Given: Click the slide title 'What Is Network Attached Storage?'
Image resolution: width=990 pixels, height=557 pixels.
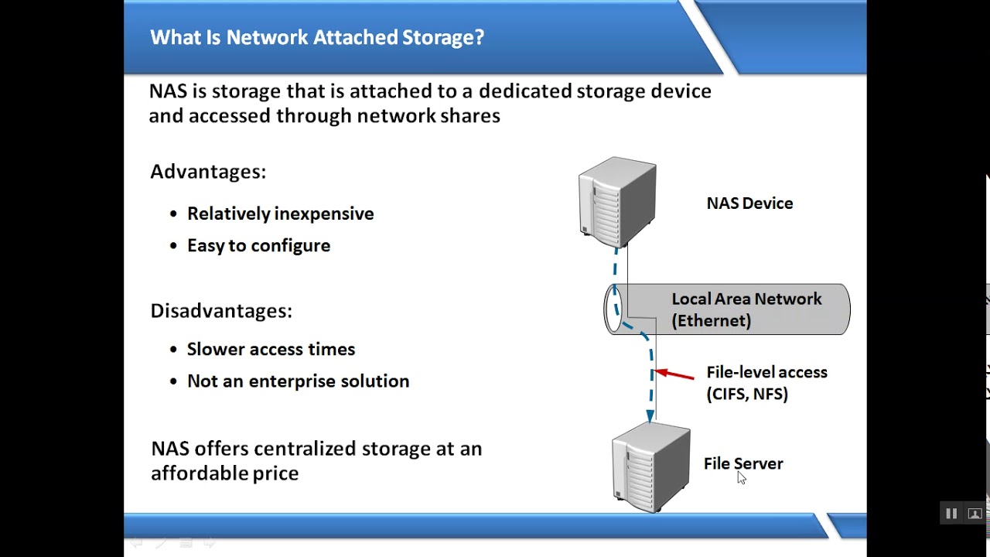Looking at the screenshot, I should [316, 37].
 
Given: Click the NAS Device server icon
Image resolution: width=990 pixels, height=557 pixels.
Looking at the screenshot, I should [617, 202].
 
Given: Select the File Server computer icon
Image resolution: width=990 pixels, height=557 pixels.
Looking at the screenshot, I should [650, 467].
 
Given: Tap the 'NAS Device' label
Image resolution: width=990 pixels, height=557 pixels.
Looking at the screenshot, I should [749, 203].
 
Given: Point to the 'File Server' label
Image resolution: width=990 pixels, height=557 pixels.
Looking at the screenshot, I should [743, 463].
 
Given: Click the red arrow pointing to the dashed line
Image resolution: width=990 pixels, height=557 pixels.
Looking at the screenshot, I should [674, 375].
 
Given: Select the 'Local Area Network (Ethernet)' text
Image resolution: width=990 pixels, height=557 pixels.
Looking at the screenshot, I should [746, 309].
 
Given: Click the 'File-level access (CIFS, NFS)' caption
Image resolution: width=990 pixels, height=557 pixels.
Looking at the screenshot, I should [766, 383].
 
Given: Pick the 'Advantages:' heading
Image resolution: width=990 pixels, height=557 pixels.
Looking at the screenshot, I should [207, 172].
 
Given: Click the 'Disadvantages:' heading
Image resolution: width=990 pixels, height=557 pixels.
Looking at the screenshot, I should [220, 311].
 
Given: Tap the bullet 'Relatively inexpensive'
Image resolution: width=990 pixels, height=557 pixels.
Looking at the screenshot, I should [280, 214].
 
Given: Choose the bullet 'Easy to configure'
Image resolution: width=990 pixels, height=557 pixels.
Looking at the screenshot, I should [258, 245].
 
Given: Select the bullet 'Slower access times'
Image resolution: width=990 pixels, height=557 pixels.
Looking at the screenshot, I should [271, 349].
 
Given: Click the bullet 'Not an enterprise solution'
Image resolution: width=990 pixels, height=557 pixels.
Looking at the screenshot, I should [298, 381].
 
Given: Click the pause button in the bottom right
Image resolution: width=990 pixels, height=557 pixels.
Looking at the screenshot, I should [951, 514].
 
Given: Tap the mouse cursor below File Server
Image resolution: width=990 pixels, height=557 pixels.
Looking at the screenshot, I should [741, 478].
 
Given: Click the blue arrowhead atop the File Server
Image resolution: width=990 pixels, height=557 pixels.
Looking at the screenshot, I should [650, 416].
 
